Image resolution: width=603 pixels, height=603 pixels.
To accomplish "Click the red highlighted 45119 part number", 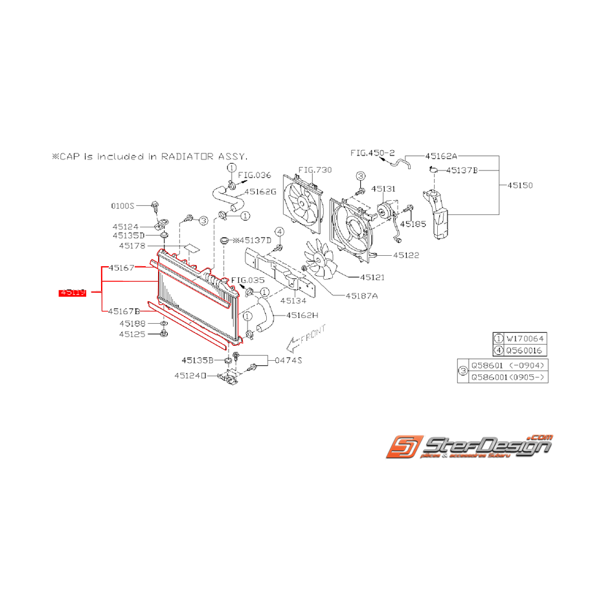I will point(73,293).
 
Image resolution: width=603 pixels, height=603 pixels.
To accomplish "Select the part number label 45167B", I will point(124,311).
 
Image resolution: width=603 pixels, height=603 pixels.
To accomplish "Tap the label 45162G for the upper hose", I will point(260,192).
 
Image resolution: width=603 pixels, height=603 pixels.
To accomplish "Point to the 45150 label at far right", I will point(519,185).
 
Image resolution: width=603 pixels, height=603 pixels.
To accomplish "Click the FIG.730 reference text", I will point(314,170).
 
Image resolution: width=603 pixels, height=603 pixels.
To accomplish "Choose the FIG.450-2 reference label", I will point(372,154).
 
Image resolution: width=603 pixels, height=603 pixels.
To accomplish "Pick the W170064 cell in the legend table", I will point(525,337).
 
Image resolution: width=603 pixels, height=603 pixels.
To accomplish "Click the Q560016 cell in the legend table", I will point(525,350).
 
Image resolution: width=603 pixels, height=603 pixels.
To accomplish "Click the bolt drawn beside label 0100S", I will point(155,206).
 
